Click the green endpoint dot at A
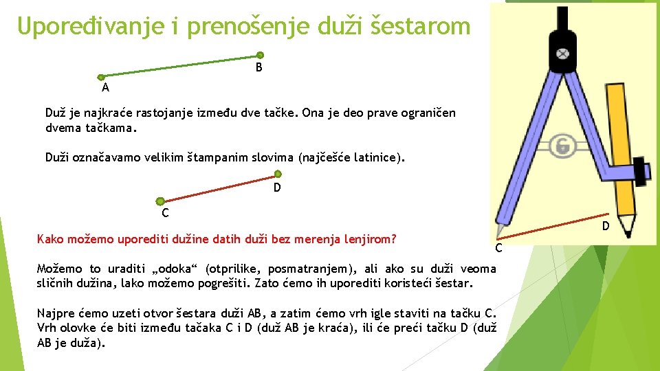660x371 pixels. click(101, 78)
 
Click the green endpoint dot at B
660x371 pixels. click(260, 56)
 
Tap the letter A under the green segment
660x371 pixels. click(105, 88)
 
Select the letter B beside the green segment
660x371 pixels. click(258, 68)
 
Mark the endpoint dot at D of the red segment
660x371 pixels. click(277, 174)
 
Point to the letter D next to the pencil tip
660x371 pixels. click(606, 226)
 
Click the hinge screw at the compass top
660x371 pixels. click(563, 53)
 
